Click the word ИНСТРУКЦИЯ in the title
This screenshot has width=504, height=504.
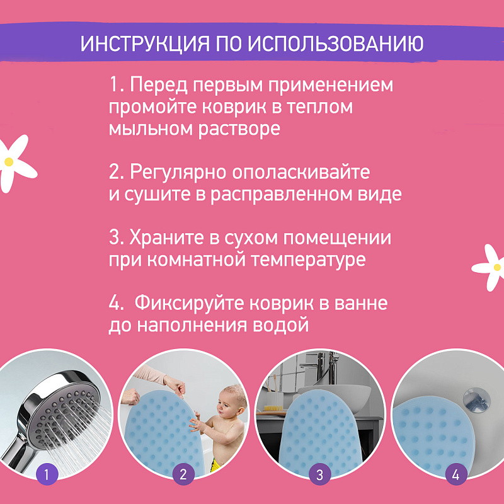[x=145, y=43]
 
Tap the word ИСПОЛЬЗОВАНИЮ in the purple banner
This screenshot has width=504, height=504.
[x=336, y=43]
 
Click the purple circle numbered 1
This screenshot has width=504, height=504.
[x=47, y=475]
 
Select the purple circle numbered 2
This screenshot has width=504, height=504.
[x=183, y=475]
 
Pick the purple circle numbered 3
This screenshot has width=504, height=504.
[x=319, y=475]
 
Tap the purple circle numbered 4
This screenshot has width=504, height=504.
[x=455, y=475]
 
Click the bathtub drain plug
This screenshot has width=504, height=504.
[x=477, y=400]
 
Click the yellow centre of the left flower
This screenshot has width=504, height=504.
[x=9, y=162]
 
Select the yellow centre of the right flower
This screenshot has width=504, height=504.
[x=497, y=267]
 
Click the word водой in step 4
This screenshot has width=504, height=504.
[x=281, y=325]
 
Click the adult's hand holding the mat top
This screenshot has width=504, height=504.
[x=175, y=386]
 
